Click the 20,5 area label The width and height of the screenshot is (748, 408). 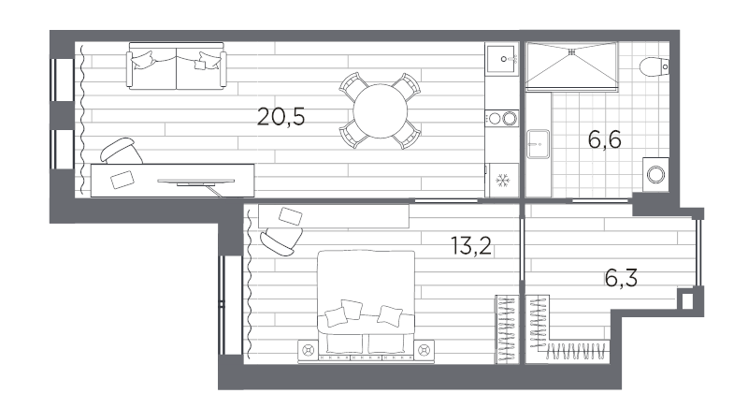coord(280,116)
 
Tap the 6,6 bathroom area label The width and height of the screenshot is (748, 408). coord(604,139)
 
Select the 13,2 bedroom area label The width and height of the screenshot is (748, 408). coord(471,245)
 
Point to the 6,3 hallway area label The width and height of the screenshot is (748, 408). coord(621,278)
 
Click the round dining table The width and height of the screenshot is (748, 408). coord(381,111)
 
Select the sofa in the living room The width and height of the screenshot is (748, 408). coord(176,66)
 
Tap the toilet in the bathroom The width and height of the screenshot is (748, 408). coord(654,66)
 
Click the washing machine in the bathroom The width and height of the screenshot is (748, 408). coord(655,175)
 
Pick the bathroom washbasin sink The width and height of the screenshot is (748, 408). coord(539,143)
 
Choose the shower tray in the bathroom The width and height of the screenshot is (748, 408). coord(571,66)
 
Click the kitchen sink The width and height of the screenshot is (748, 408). coord(501,59)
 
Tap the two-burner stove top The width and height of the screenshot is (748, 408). coord(502,118)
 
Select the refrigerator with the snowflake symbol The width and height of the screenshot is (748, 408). coord(502,180)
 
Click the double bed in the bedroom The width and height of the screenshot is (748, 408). coord(366,304)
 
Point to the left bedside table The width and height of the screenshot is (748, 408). coord(308,351)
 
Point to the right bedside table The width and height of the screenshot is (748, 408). coord(424,351)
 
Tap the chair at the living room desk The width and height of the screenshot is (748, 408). coord(122,152)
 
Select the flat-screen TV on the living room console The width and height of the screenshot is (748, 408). coord(196,182)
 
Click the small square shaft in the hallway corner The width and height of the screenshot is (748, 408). coord(686,300)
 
